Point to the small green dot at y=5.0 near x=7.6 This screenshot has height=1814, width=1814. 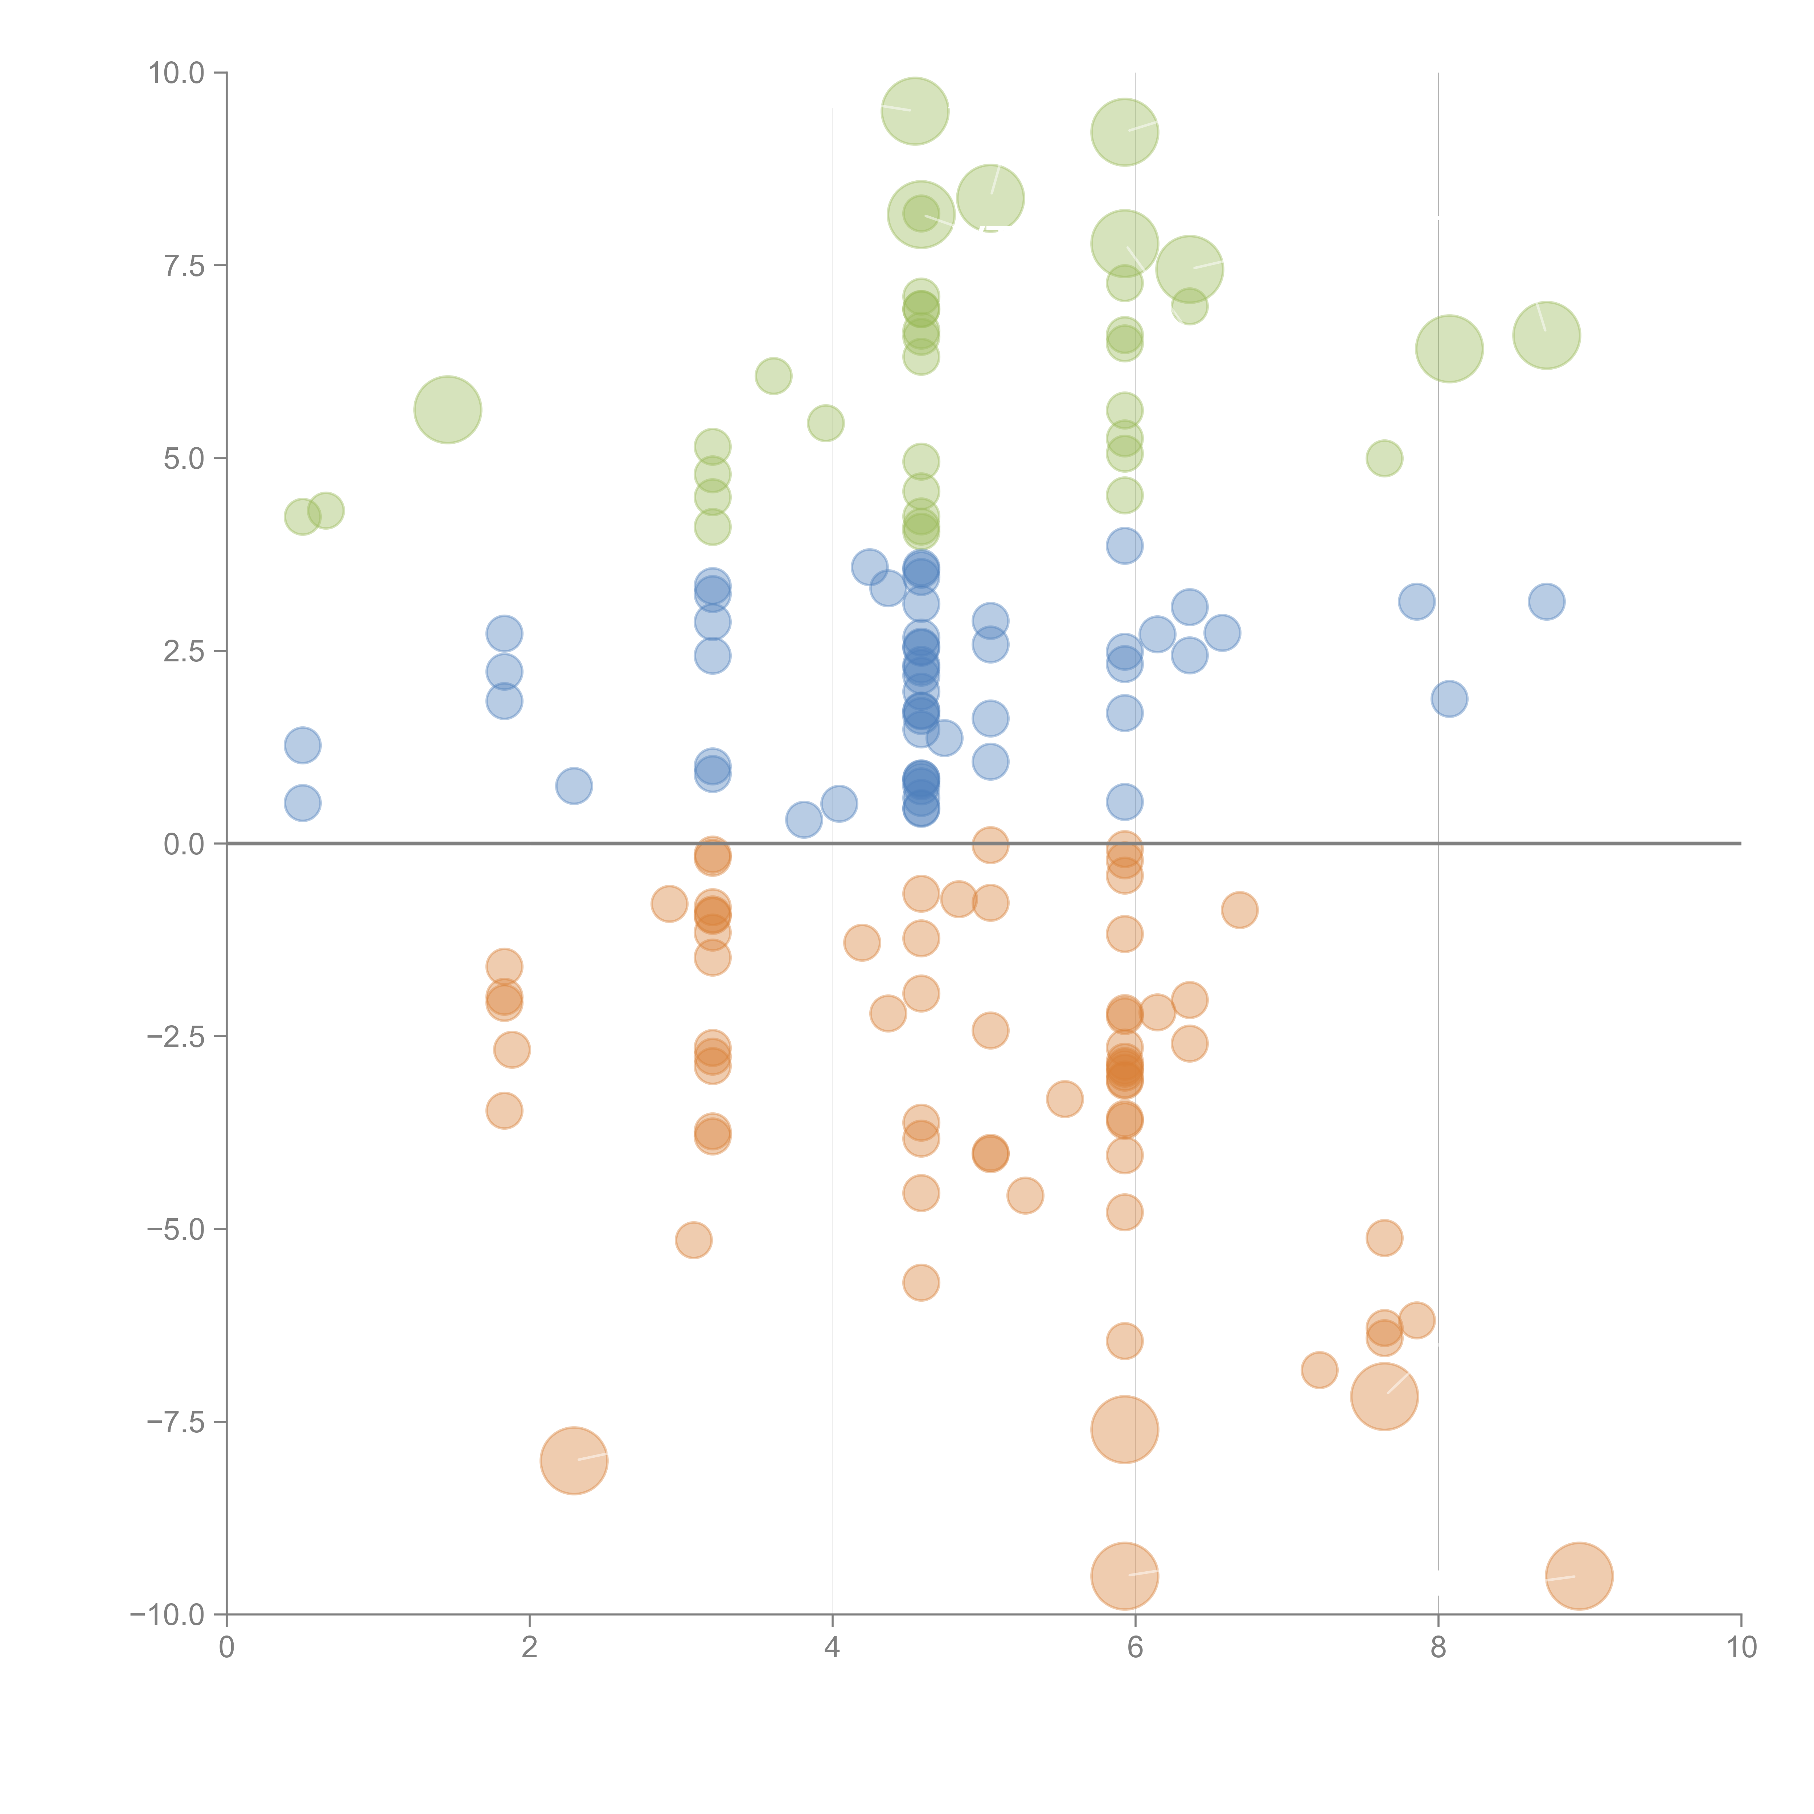1384,458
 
